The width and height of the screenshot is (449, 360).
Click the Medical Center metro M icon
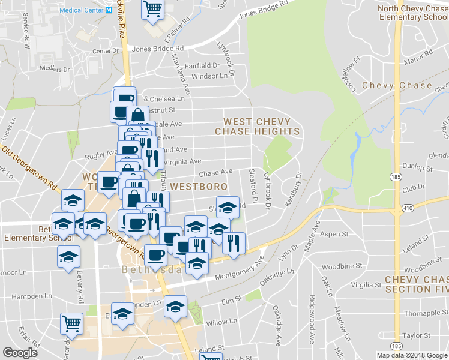109,10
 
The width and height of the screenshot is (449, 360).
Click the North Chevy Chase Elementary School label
412,13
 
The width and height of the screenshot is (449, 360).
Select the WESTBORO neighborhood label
199,187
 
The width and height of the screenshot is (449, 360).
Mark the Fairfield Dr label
202,65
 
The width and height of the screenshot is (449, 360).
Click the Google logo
20,353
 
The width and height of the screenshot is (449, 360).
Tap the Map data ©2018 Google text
412,355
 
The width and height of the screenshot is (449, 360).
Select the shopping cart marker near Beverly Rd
71,323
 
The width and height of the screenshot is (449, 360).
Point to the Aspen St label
334,233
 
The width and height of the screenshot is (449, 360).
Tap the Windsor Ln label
209,76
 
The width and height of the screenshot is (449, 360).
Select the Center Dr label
106,51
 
